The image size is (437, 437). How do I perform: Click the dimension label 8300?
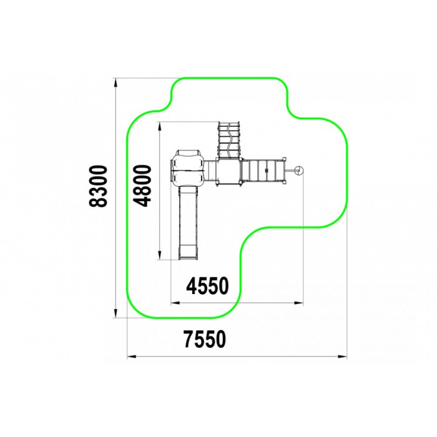click(x=98, y=186)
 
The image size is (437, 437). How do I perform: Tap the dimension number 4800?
click(x=142, y=186)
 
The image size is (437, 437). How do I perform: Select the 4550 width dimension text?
click(x=207, y=286)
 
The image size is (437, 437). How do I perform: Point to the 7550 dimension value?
click(x=205, y=339)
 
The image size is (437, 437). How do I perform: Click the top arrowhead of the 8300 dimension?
click(x=115, y=83)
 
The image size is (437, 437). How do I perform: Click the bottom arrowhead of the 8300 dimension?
click(x=115, y=313)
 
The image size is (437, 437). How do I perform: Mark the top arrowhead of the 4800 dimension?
click(x=159, y=127)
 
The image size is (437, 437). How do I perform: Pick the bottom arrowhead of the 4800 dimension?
click(x=159, y=255)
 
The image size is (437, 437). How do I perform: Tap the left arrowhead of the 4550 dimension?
click(x=175, y=303)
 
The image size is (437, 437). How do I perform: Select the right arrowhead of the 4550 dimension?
click(x=298, y=303)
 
